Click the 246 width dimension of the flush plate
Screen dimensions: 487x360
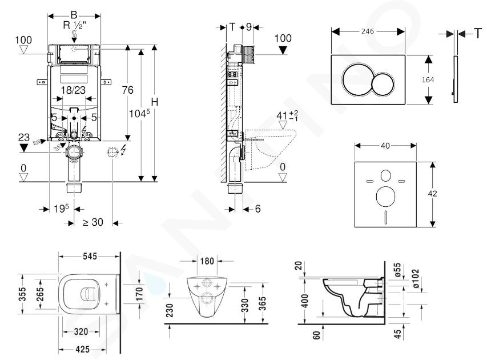point(368,31)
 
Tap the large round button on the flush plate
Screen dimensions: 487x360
point(357,79)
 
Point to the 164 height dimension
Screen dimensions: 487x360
point(428,80)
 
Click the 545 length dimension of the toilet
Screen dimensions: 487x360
point(90,256)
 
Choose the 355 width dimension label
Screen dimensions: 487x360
point(22,294)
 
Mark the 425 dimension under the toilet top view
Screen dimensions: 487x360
point(82,349)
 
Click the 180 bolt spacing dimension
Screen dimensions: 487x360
point(207,261)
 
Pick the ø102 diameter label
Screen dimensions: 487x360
point(415,278)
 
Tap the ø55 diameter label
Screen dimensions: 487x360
point(397,270)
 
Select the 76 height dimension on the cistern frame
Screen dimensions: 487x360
point(127,90)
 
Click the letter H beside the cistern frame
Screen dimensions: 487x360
point(154,102)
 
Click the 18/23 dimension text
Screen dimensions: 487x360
point(73,90)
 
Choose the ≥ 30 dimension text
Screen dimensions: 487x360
point(93,222)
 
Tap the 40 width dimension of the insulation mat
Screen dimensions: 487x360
point(385,146)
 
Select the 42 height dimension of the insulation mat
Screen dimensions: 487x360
point(432,194)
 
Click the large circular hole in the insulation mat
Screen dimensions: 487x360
point(385,196)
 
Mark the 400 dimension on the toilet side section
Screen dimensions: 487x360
point(305,301)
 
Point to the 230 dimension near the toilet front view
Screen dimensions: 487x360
point(170,310)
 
